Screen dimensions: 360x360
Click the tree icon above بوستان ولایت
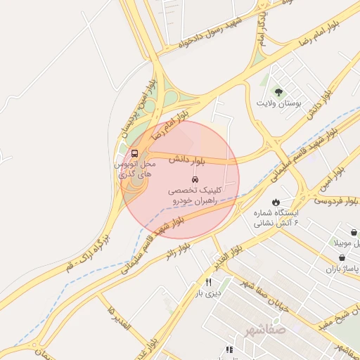point(278,92)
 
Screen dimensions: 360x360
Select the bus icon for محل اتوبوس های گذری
point(134,153)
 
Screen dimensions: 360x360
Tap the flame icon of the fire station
point(274,200)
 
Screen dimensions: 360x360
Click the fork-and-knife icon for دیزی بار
point(207,282)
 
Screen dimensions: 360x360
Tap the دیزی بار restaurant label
point(207,293)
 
